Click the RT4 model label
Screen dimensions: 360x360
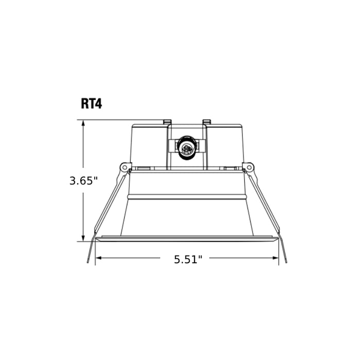[92, 103]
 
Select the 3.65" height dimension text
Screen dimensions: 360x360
[83, 181]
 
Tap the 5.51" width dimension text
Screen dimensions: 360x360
[188, 260]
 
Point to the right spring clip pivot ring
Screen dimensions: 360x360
[249, 167]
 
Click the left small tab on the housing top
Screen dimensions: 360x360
[167, 122]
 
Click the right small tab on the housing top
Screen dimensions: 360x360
[207, 122]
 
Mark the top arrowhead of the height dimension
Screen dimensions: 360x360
[83, 123]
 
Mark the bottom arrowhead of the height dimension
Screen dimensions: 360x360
[83, 238]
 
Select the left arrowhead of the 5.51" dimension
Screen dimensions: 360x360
[98, 257]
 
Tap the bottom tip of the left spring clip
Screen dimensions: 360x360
[88, 262]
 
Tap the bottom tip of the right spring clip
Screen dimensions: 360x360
[286, 262]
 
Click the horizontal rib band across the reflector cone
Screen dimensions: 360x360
[187, 197]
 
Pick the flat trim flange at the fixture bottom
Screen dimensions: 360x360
[187, 239]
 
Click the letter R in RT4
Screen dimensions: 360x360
[85, 103]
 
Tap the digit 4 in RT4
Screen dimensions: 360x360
[98, 103]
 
